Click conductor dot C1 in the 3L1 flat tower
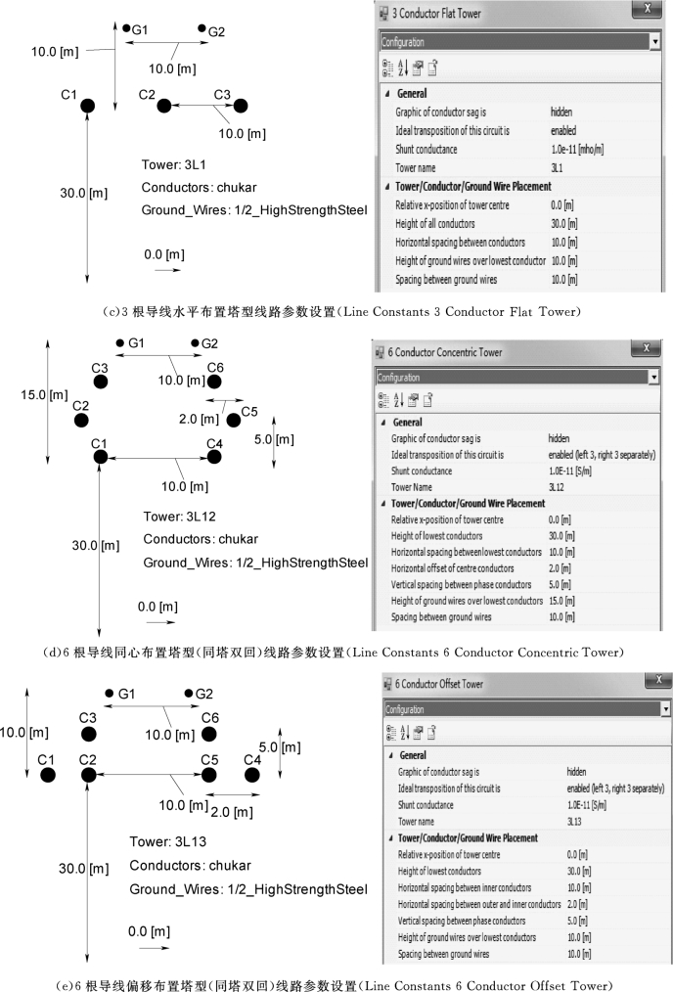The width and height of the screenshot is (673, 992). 87,106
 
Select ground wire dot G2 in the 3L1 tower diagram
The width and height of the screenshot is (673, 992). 202,29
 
